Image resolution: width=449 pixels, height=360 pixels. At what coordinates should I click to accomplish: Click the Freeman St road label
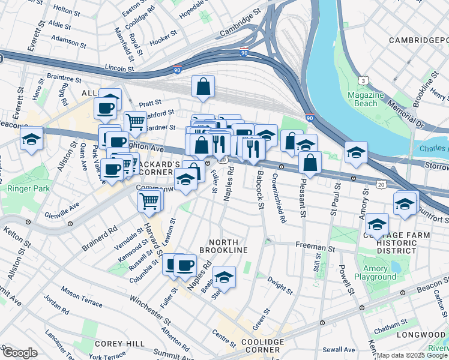pos(314,246)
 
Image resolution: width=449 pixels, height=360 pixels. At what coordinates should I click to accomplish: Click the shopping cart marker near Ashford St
pos(136,121)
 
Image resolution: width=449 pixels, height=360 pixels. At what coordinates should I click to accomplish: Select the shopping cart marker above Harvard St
pos(149,201)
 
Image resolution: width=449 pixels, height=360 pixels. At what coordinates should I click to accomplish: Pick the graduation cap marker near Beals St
pos(224,277)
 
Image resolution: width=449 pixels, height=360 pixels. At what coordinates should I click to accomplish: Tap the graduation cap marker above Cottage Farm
pos(377,224)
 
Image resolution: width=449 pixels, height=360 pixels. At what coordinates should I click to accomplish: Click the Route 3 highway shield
pos(363,80)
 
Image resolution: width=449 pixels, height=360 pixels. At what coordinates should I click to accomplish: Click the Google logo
pos(20,352)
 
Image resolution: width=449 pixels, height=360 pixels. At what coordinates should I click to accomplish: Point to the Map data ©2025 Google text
pos(412,355)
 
